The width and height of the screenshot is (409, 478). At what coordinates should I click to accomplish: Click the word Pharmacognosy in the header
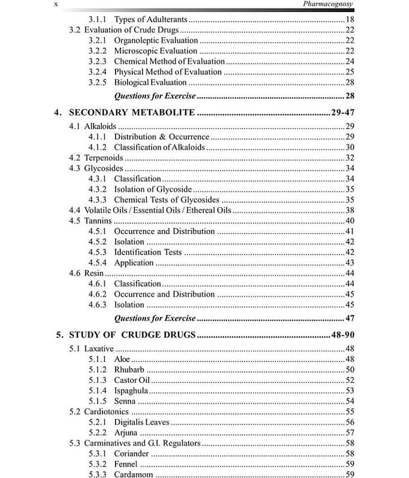click(x=329, y=5)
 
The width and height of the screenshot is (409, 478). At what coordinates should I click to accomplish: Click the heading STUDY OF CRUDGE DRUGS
click(x=132, y=335)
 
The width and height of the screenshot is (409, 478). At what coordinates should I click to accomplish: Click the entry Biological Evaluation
click(x=150, y=82)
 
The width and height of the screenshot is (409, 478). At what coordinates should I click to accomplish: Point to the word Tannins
click(x=98, y=220)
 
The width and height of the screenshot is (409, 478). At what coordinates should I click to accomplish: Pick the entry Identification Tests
click(x=148, y=252)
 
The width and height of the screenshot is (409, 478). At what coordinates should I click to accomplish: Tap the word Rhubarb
click(x=129, y=369)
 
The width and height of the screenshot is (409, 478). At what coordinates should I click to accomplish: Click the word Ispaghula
click(x=131, y=390)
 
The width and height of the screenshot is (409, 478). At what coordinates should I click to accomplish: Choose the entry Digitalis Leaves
click(x=141, y=422)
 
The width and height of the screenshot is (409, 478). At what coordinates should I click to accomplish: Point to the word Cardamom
click(x=134, y=474)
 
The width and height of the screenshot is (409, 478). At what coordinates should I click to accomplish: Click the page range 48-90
click(x=341, y=335)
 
